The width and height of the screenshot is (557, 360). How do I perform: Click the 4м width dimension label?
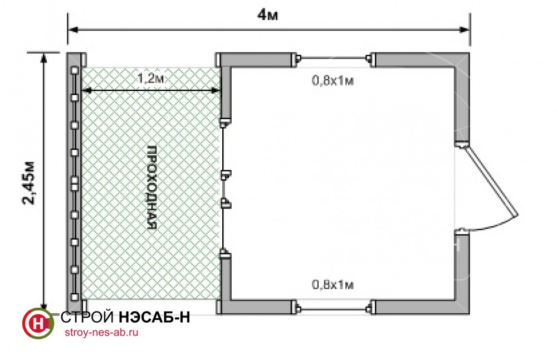click(267, 15)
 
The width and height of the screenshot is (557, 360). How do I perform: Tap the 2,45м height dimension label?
click(29, 183)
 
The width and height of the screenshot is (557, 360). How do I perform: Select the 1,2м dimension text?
click(150, 78)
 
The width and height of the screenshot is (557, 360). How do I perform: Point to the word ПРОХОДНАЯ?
click(152, 187)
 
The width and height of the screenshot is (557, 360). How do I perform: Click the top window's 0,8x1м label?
click(333, 81)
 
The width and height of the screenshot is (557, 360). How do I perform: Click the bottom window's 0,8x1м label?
click(333, 285)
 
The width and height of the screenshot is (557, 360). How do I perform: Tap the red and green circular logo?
click(38, 323)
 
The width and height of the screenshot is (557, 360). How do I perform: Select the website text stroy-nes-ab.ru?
click(101, 333)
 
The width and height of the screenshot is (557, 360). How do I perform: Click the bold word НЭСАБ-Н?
click(154, 317)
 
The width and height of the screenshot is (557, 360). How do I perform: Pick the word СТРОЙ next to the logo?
click(87, 317)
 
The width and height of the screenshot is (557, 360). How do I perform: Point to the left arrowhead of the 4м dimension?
click(72, 30)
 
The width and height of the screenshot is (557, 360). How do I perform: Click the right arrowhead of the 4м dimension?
click(465, 30)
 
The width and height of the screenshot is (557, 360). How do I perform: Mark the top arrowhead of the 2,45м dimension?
click(43, 57)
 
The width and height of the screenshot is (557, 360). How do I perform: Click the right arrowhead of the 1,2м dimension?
click(216, 91)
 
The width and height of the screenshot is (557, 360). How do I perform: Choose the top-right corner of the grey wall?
click(470, 53)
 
